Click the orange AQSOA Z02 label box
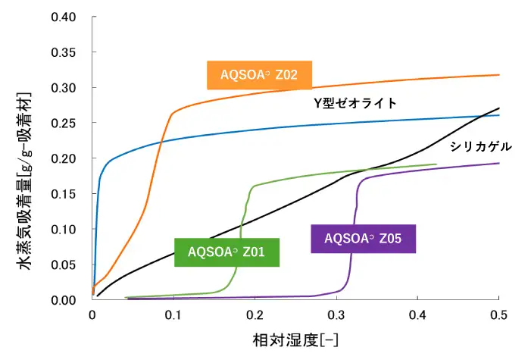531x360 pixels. (260, 75)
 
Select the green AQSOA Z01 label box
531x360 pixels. (226, 252)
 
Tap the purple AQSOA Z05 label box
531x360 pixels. (363, 238)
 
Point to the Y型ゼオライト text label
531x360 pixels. (355, 103)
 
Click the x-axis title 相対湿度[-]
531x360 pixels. (295, 336)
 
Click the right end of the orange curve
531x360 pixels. (499, 74)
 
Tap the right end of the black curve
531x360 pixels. (499, 108)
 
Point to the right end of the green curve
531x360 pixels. (436, 164)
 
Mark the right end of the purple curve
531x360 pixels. (499, 163)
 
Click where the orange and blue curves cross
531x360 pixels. (161, 141)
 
